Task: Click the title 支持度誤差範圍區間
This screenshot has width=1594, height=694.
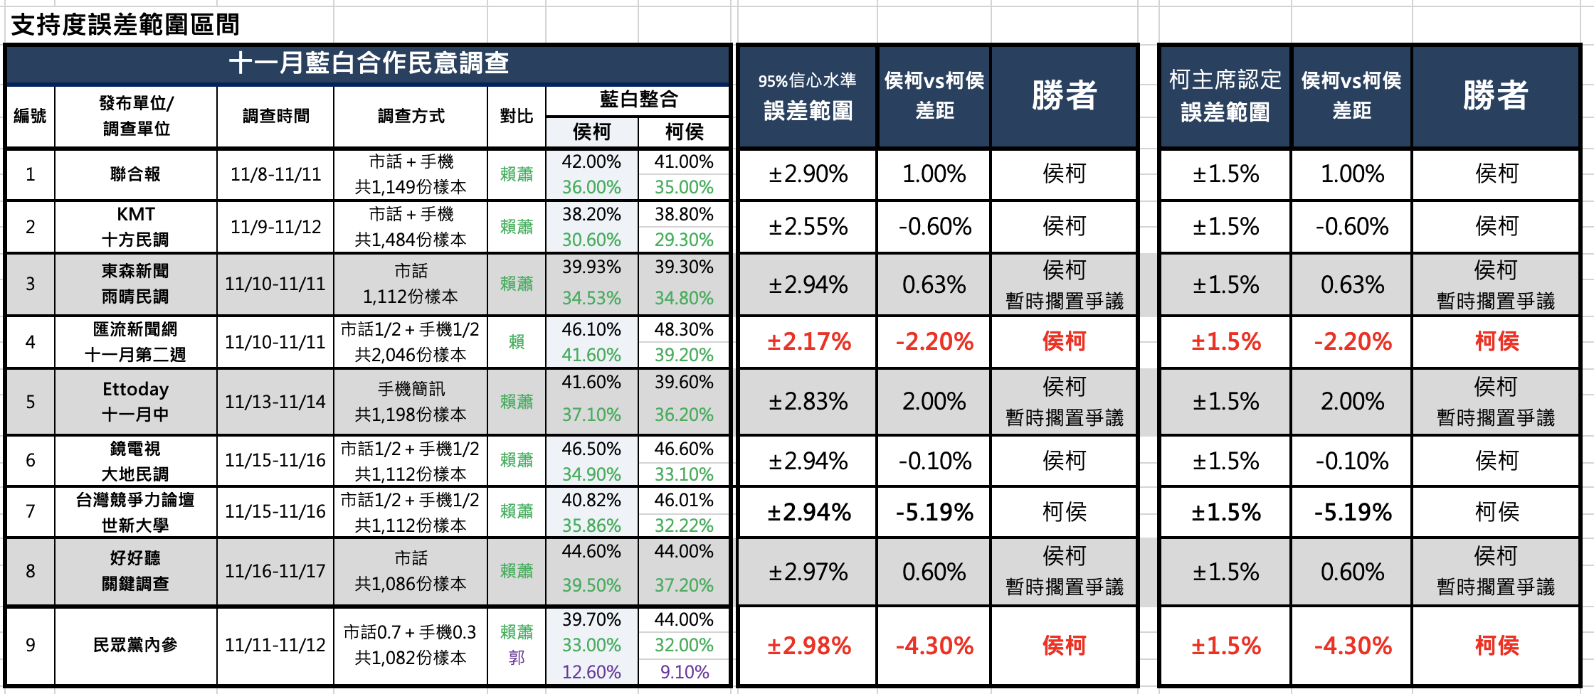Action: pyautogui.click(x=125, y=24)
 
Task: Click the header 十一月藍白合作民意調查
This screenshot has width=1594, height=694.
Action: pyautogui.click(x=369, y=63)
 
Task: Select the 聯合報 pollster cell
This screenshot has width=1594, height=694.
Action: pyautogui.click(x=135, y=174)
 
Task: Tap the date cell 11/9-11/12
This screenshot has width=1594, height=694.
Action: pyautogui.click(x=275, y=227)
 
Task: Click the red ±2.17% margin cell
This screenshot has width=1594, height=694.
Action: pyautogui.click(x=808, y=342)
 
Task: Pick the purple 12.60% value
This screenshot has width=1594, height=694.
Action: pyautogui.click(x=591, y=672)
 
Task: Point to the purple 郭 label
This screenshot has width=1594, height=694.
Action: pyautogui.click(x=517, y=658)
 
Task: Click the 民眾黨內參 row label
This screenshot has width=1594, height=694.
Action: pyautogui.click(x=135, y=645)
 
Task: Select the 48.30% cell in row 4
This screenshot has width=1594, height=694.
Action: pyautogui.click(x=684, y=329)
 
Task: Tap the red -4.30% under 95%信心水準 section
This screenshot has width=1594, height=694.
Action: pyautogui.click(x=934, y=646)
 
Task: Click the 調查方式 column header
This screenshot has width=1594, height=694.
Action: pyautogui.click(x=411, y=116)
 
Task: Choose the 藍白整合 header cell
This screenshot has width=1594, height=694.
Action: pyautogui.click(x=638, y=100)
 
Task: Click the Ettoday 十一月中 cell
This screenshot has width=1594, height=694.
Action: pyautogui.click(x=135, y=402)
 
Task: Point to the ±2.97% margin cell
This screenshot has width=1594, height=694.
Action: pyautogui.click(x=808, y=572)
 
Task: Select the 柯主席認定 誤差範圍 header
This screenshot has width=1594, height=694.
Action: pyautogui.click(x=1225, y=96)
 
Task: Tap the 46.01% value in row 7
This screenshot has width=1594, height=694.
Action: pyautogui.click(x=684, y=500)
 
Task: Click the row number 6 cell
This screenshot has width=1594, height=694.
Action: pyautogui.click(x=30, y=460)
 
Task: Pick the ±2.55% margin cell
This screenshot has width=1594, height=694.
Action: pyautogui.click(x=808, y=227)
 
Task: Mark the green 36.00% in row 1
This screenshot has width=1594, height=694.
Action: pyautogui.click(x=591, y=187)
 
